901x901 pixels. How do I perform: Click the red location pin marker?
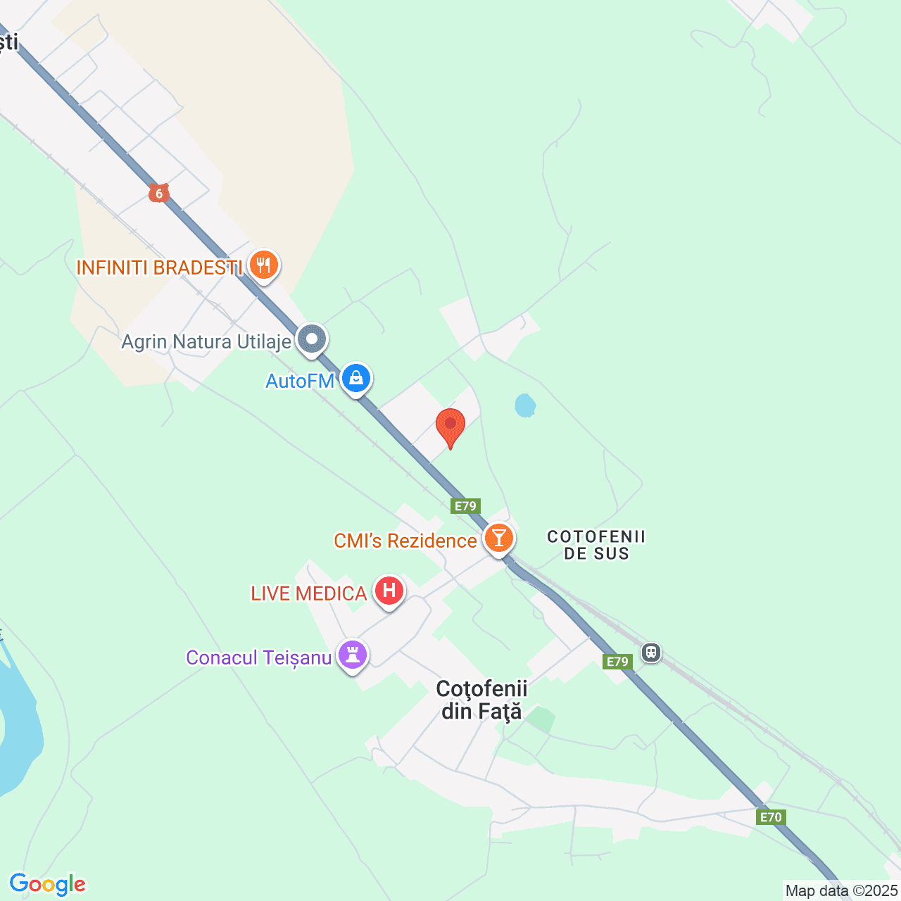(450, 425)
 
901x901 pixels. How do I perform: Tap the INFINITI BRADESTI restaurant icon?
(264, 265)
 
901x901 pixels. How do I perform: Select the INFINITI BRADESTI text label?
(159, 267)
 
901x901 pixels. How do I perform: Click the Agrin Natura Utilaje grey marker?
(312, 339)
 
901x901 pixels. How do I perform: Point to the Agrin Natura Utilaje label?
(206, 342)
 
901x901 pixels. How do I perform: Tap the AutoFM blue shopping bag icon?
(356, 379)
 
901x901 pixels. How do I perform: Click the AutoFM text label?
(300, 381)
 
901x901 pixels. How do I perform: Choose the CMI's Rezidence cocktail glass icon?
(499, 538)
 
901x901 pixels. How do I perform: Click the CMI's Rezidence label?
(405, 541)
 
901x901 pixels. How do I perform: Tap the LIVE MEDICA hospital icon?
(389, 591)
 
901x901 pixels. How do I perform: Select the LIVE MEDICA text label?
(309, 593)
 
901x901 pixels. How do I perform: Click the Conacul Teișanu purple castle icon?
(353, 655)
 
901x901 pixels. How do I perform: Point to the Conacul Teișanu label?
(259, 657)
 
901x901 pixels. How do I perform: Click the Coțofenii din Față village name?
(481, 700)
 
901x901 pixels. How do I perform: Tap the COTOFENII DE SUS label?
(596, 545)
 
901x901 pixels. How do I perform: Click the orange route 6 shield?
(159, 193)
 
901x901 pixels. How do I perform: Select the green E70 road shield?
(771, 817)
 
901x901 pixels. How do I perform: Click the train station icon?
(651, 653)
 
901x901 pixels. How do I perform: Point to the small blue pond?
(525, 405)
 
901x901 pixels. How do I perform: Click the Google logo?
(48, 884)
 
